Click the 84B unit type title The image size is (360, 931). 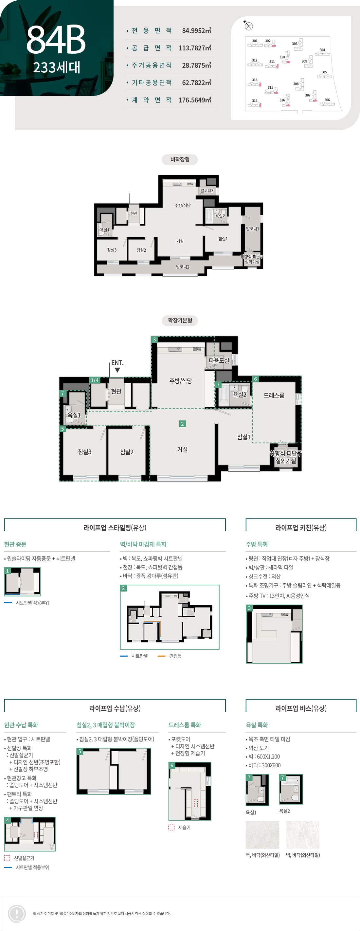pyautogui.click(x=56, y=39)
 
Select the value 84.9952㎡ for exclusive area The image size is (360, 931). pyautogui.click(x=196, y=31)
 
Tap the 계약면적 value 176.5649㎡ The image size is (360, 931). pyautogui.click(x=194, y=100)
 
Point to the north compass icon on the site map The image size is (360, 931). pyautogui.click(x=248, y=26)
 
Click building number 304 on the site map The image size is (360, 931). pyautogui.click(x=322, y=50)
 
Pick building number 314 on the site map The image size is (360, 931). pyautogui.click(x=255, y=101)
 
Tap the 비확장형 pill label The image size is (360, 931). pyautogui.click(x=180, y=159)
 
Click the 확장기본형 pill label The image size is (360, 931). pyautogui.click(x=180, y=320)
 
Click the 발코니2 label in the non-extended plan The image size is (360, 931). pyautogui.click(x=183, y=267)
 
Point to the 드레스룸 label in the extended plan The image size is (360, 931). pyautogui.click(x=274, y=395)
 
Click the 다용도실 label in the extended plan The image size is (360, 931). pyautogui.click(x=219, y=360)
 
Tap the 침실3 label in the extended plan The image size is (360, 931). pyautogui.click(x=84, y=452)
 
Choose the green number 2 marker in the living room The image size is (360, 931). pyautogui.click(x=182, y=424)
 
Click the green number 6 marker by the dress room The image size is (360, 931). pyautogui.click(x=256, y=379)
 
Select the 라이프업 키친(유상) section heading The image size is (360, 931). pyautogui.click(x=301, y=528)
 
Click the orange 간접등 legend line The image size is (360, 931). pyautogui.click(x=162, y=656)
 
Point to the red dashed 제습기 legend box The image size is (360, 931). pyautogui.click(x=171, y=827)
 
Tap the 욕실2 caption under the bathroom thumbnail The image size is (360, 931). pyautogui.click(x=284, y=811)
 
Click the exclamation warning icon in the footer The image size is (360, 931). pyautogui.click(x=17, y=913)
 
